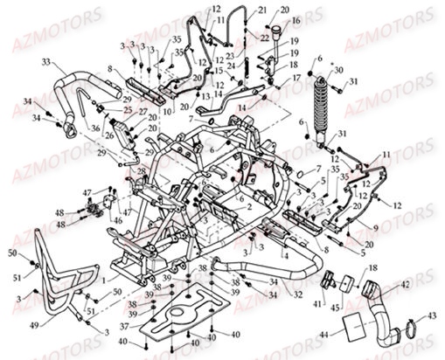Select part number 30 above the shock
click(x=338, y=69)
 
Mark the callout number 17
click(x=297, y=77)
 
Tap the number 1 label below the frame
click(x=101, y=280)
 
